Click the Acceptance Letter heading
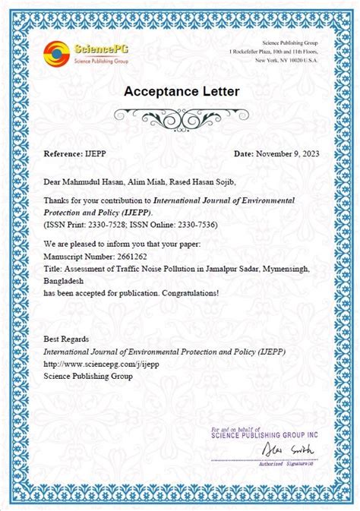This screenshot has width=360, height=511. [x=179, y=92]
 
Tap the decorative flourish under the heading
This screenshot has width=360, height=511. [x=180, y=117]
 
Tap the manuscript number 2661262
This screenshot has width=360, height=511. [x=125, y=257]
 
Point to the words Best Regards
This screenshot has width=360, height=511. [x=66, y=339]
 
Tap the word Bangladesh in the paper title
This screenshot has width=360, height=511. [x=64, y=280]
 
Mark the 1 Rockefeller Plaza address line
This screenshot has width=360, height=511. [x=279, y=50]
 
